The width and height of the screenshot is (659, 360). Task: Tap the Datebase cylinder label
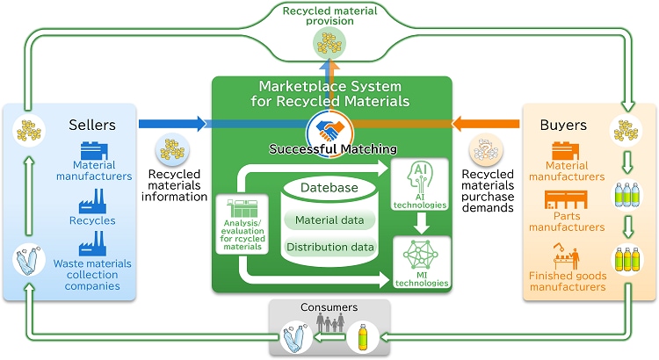(x=329, y=188)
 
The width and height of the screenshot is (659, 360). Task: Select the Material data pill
(x=329, y=220)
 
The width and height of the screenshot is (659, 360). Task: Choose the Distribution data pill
(x=329, y=247)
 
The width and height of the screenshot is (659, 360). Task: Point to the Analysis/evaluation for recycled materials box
(x=236, y=224)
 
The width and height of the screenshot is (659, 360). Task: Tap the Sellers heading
(x=92, y=126)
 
